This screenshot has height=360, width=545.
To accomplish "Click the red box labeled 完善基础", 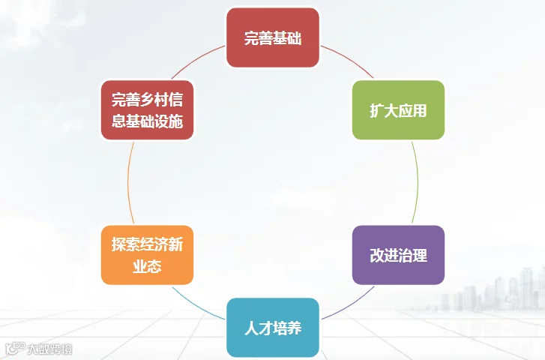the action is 273,37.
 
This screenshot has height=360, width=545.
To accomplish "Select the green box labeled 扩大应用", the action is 398,110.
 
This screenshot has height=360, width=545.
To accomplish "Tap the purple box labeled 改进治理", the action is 398,255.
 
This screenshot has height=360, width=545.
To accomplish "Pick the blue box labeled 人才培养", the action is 273,328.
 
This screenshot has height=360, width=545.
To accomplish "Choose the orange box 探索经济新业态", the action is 148,255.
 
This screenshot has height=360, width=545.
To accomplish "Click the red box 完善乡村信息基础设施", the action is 148,110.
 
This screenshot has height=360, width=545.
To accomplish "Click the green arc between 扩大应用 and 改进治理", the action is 418,182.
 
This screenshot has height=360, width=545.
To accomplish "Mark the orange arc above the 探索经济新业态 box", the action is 128,182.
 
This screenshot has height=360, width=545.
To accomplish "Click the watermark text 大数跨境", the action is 49,349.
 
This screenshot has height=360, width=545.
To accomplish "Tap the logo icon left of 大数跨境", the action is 15,348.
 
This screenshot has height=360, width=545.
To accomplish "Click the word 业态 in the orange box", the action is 148,266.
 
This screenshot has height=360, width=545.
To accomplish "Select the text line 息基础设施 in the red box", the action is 148,121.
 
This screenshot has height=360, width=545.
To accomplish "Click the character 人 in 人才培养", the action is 251,328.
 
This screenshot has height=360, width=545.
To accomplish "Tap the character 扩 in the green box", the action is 377,110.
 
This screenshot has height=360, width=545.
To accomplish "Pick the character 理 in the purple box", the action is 420,255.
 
